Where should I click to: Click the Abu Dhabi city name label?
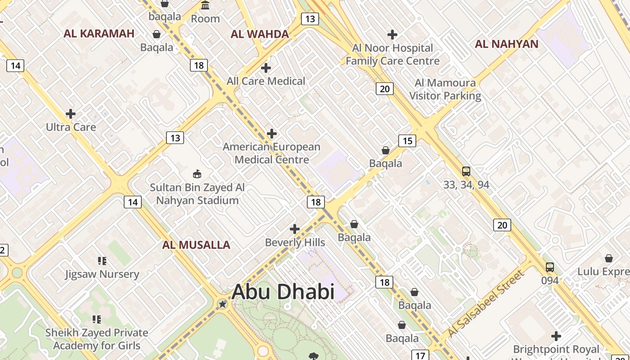283,292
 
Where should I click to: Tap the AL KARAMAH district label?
99,33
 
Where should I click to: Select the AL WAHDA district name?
260,34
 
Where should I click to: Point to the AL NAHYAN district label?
507,44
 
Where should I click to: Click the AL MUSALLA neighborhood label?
196,245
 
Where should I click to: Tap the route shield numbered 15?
407,141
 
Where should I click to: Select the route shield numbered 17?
420,355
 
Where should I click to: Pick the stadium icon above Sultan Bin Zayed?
197,174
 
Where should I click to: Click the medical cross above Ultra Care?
71,114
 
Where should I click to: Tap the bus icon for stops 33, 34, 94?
466,171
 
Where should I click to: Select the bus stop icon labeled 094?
549,267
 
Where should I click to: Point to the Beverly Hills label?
295,243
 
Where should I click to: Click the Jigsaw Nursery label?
102,274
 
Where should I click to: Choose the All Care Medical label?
266,81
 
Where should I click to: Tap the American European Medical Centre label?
272,153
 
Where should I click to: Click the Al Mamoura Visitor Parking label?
445,89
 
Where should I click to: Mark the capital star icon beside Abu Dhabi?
222,304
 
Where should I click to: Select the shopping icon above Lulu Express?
608,258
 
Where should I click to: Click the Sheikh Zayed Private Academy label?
97,339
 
